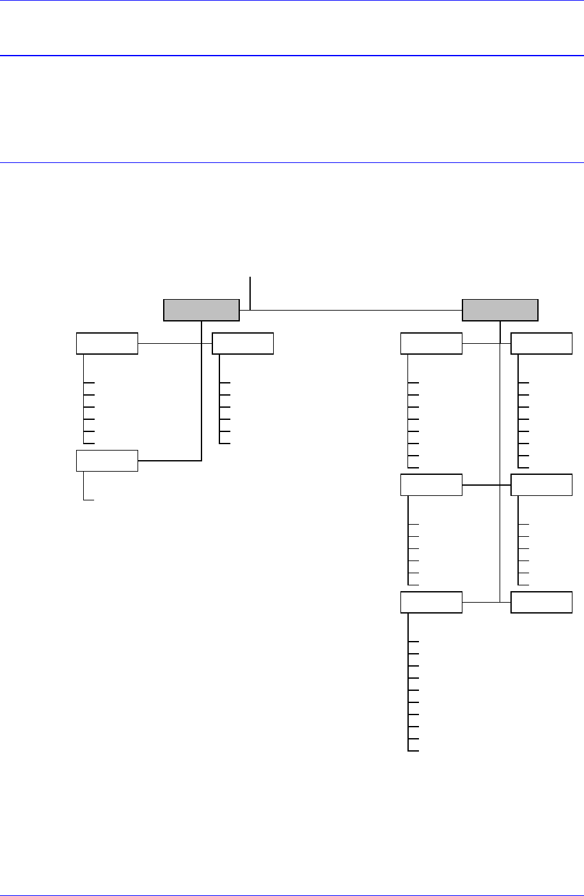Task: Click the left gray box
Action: click(201, 309)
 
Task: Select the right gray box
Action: click(500, 309)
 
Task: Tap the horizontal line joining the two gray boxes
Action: click(352, 310)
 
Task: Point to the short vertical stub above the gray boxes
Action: click(251, 288)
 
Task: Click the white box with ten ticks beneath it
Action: click(431, 602)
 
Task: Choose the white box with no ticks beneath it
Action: click(541, 602)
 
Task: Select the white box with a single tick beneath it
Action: click(107, 460)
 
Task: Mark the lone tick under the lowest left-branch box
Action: click(89, 499)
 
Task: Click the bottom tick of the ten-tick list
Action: click(413, 750)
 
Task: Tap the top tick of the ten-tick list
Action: click(413, 641)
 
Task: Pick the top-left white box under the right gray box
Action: click(431, 343)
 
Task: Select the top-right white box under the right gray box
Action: click(541, 343)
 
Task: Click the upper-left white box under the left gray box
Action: click(107, 343)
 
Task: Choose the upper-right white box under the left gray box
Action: click(242, 343)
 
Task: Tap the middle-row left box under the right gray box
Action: click(431, 484)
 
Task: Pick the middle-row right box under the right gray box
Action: click(541, 484)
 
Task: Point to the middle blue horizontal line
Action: click(292, 56)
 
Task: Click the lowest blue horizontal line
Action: click(292, 162)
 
